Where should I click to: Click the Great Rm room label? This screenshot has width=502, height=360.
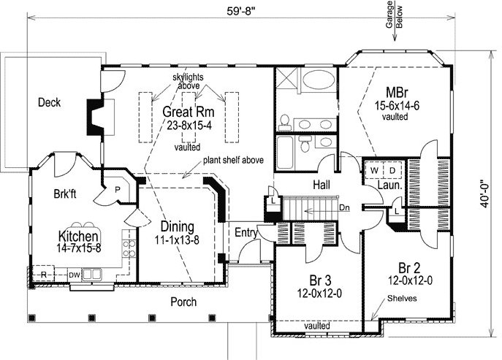[x=189, y=112]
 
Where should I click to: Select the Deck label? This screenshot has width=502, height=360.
[x=49, y=102]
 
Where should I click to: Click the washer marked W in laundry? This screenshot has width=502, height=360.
[x=373, y=171]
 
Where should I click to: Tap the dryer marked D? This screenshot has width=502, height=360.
[x=392, y=171]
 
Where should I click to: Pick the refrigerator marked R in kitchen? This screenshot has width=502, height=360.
[x=44, y=275]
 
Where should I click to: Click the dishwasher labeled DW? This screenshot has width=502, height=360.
[x=75, y=275]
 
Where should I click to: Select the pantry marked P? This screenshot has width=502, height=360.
[x=118, y=190]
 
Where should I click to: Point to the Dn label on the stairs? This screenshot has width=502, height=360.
[x=344, y=207]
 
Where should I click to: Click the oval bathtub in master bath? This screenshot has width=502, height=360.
[x=319, y=79]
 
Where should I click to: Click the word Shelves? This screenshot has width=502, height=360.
[x=402, y=299]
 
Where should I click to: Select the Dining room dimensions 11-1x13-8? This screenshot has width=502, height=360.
[x=177, y=240]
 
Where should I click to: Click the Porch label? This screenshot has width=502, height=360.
[x=183, y=302]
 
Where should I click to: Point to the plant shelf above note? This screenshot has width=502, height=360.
[x=233, y=160]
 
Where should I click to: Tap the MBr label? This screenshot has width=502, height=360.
[x=397, y=93]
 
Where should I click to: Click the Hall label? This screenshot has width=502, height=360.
[x=322, y=185]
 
